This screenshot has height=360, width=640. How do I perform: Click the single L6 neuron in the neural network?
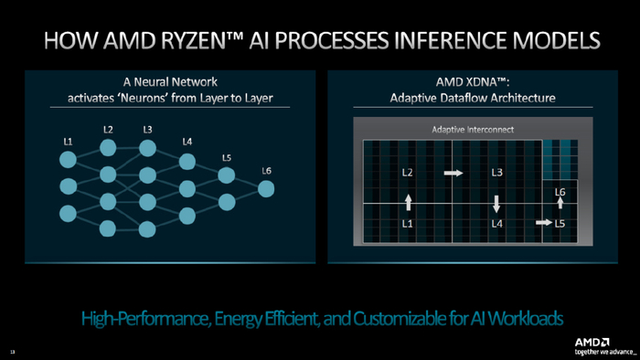[265, 189]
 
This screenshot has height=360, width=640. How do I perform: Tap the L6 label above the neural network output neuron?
[266, 170]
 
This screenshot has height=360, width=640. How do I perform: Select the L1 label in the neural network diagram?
[68, 142]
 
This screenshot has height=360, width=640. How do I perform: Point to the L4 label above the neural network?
[187, 142]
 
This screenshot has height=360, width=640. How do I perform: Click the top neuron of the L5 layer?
[227, 175]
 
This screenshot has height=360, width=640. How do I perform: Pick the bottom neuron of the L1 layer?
[68, 214]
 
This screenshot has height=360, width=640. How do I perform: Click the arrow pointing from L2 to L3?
[453, 172]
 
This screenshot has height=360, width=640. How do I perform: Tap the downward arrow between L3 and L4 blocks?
[496, 203]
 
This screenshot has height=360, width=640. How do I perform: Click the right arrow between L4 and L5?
[540, 223]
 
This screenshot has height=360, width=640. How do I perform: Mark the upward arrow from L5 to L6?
[560, 204]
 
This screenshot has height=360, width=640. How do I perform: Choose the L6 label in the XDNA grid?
[560, 191]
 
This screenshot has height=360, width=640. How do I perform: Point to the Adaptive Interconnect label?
[473, 130]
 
